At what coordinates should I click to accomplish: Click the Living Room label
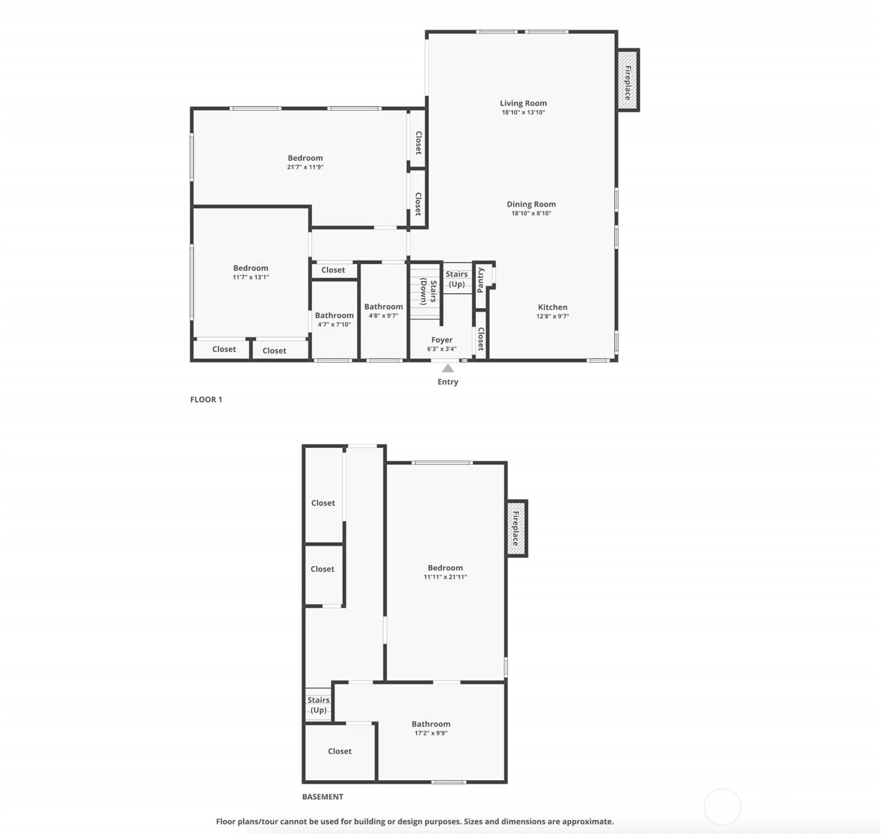point(523,103)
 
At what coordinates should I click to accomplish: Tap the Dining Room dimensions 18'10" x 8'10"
point(531,213)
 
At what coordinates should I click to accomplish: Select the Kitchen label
point(552,307)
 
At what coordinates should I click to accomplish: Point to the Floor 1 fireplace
point(628,80)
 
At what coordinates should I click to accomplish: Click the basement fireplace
point(516,528)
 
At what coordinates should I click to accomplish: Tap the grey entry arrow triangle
point(447,368)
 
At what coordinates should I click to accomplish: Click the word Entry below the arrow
point(448,382)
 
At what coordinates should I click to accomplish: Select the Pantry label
point(481,280)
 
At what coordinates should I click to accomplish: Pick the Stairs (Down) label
point(428,291)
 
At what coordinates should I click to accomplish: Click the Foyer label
point(442,340)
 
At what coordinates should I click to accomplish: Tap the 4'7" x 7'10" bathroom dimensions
point(334,324)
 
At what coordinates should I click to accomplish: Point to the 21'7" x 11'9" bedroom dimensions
point(305,167)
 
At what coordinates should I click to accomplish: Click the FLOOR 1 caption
point(206,400)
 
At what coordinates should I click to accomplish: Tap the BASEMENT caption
point(323,797)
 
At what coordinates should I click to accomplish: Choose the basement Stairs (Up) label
point(318,705)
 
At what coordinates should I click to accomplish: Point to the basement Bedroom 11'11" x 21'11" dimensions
point(445,577)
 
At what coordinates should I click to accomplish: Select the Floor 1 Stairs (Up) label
point(456,278)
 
